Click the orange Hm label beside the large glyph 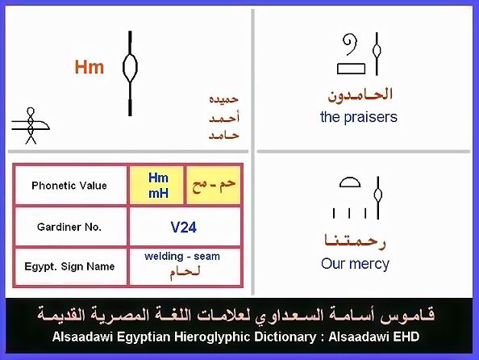tap(90, 67)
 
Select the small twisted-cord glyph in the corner tap(31, 125)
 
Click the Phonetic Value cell tap(69, 186)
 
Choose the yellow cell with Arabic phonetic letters tap(213, 186)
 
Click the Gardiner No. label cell tap(69, 227)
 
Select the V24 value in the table tap(183, 228)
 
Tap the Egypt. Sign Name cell tap(69, 266)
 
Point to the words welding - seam tap(182, 256)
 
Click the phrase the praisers tap(359, 117)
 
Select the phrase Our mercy tap(355, 264)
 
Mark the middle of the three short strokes tap(349, 213)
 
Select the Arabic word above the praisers tap(360, 94)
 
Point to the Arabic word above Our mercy tap(355, 241)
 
